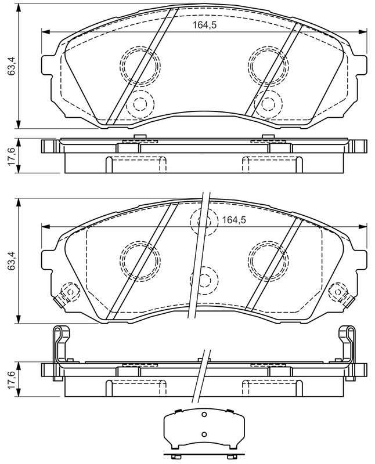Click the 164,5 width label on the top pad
tap(205, 25)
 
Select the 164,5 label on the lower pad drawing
tap(234, 220)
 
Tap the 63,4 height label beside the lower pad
tap(11, 261)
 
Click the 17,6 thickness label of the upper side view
tap(11, 156)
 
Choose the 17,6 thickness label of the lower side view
tap(11, 379)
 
